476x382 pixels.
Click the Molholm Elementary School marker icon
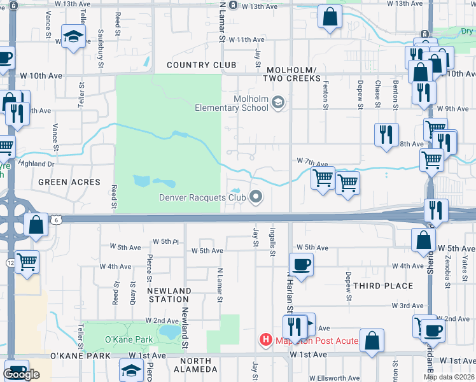[277, 102]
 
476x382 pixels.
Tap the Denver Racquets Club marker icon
[256, 197]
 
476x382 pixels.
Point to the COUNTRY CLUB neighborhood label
[202, 65]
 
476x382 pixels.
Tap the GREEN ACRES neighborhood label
[69, 182]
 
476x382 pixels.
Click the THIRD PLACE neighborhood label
[383, 286]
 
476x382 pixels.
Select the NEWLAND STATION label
[169, 295]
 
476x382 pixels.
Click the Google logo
[21, 374]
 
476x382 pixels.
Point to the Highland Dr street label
[37, 164]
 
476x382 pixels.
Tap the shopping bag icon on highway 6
[36, 224]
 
